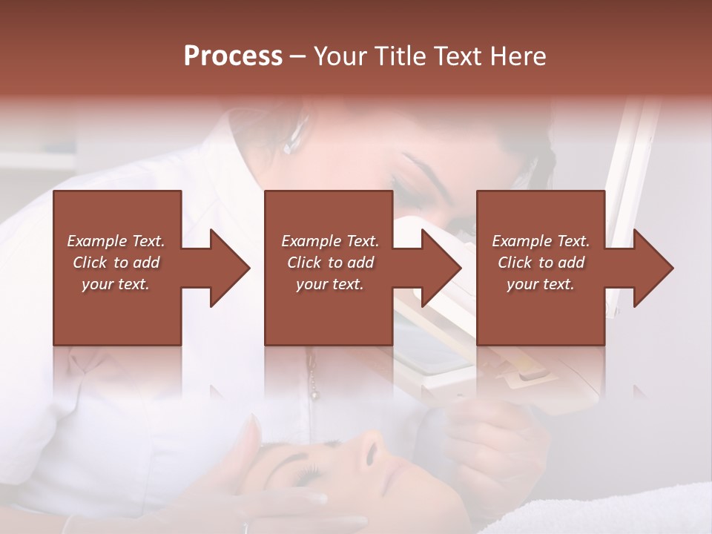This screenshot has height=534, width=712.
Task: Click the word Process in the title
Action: point(233,56)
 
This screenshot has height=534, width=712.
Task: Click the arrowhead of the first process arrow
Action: point(231,268)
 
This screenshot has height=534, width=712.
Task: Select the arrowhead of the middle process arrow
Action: point(442,268)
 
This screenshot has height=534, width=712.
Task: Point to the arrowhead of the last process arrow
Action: point(654,268)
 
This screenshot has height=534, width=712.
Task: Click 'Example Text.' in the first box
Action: point(116,241)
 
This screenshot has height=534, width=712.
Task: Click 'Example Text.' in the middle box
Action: point(330,241)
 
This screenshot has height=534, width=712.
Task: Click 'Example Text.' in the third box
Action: point(541,241)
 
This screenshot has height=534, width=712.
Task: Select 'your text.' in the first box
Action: point(116,284)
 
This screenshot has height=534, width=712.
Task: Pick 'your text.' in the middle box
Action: point(330,284)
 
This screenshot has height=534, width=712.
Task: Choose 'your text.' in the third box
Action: point(541,284)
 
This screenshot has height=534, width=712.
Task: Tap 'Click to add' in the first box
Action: point(116,263)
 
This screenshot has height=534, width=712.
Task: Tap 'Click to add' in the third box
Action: point(541,263)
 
